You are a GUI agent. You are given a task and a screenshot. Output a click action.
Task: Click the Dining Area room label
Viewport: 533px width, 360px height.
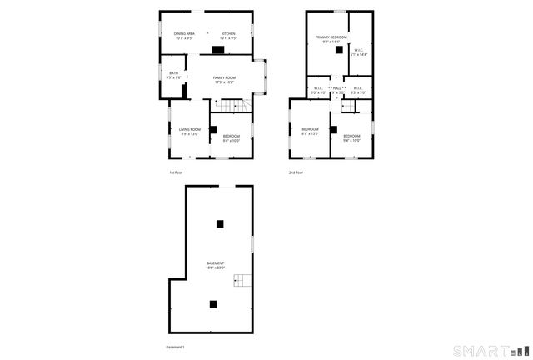coord(184,36)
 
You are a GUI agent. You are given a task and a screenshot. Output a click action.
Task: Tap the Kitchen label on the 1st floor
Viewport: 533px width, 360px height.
coord(228,36)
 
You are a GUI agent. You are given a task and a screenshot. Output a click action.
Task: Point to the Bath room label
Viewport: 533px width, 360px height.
coord(173,75)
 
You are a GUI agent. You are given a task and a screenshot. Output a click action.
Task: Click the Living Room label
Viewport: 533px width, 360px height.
coord(190,131)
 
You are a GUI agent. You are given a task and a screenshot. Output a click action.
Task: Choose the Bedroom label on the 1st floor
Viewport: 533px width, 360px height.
coord(231,137)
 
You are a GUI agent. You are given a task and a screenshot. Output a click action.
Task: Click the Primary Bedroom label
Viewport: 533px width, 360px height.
coord(331,39)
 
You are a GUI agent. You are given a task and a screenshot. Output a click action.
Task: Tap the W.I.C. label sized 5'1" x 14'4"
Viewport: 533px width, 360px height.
coord(358,52)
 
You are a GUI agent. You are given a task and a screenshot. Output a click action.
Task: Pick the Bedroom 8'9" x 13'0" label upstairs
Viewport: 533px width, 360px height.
coord(310,131)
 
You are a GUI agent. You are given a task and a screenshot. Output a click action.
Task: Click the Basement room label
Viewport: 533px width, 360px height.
coord(216,265)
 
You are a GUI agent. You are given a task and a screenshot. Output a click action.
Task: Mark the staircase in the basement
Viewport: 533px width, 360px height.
coord(242,282)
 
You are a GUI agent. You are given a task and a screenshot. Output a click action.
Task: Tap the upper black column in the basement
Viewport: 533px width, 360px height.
coord(220,222)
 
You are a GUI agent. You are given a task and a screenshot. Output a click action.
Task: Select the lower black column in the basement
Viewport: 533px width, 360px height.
coord(213,304)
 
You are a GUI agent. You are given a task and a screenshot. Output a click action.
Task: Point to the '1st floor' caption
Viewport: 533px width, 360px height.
coord(176,172)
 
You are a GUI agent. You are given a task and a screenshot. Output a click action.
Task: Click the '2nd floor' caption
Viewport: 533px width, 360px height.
coord(296,172)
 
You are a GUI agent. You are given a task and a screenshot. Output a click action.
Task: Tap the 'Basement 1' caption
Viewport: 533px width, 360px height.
coord(175,347)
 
